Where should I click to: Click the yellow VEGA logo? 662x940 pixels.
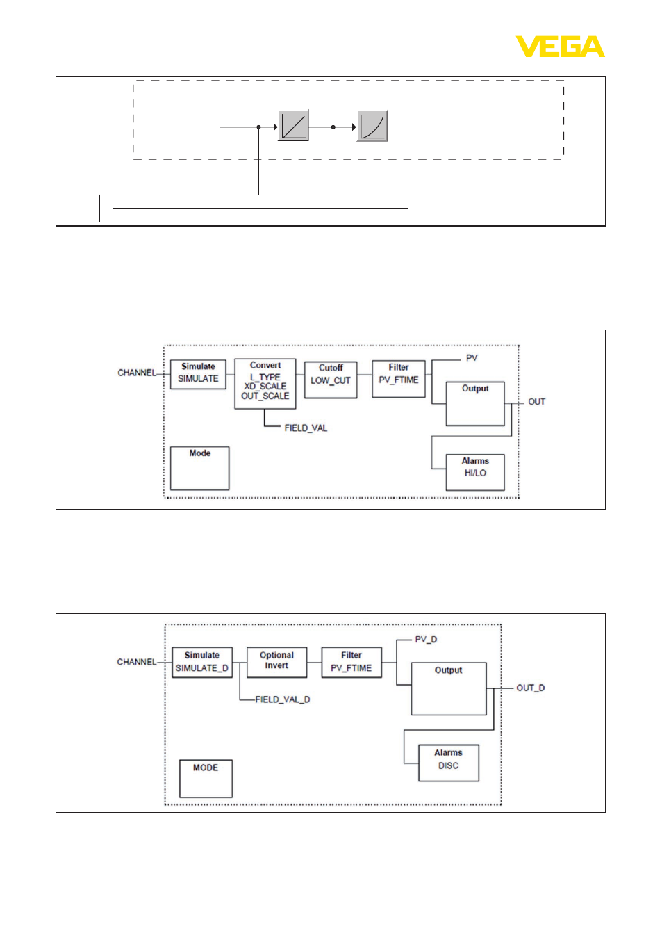click(x=560, y=46)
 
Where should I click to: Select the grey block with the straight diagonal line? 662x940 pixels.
click(x=293, y=125)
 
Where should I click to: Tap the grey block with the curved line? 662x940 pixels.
click(x=372, y=126)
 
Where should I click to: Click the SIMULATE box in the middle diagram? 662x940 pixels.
click(x=198, y=374)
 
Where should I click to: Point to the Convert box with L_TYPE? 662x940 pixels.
click(x=265, y=384)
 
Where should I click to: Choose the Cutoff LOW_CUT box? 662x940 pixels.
click(x=331, y=380)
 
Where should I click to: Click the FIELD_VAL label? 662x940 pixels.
click(x=306, y=428)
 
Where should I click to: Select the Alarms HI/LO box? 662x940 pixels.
click(x=475, y=472)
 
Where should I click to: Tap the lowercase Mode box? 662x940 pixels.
click(x=199, y=468)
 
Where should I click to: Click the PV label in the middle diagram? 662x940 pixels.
click(x=472, y=358)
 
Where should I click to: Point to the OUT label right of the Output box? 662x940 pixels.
click(x=536, y=402)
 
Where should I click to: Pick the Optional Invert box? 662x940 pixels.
click(x=276, y=662)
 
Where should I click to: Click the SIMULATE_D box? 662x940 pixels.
click(x=202, y=662)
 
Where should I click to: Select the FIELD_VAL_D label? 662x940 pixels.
click(x=283, y=699)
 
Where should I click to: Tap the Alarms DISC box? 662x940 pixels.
click(x=449, y=763)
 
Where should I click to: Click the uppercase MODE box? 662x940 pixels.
click(x=206, y=779)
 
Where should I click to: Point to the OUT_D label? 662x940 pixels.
click(x=530, y=688)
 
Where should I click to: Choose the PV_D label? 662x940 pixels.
click(x=426, y=639)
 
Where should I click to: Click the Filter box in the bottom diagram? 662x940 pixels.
click(x=351, y=662)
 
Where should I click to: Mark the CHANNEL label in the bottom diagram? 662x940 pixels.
click(x=137, y=662)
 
